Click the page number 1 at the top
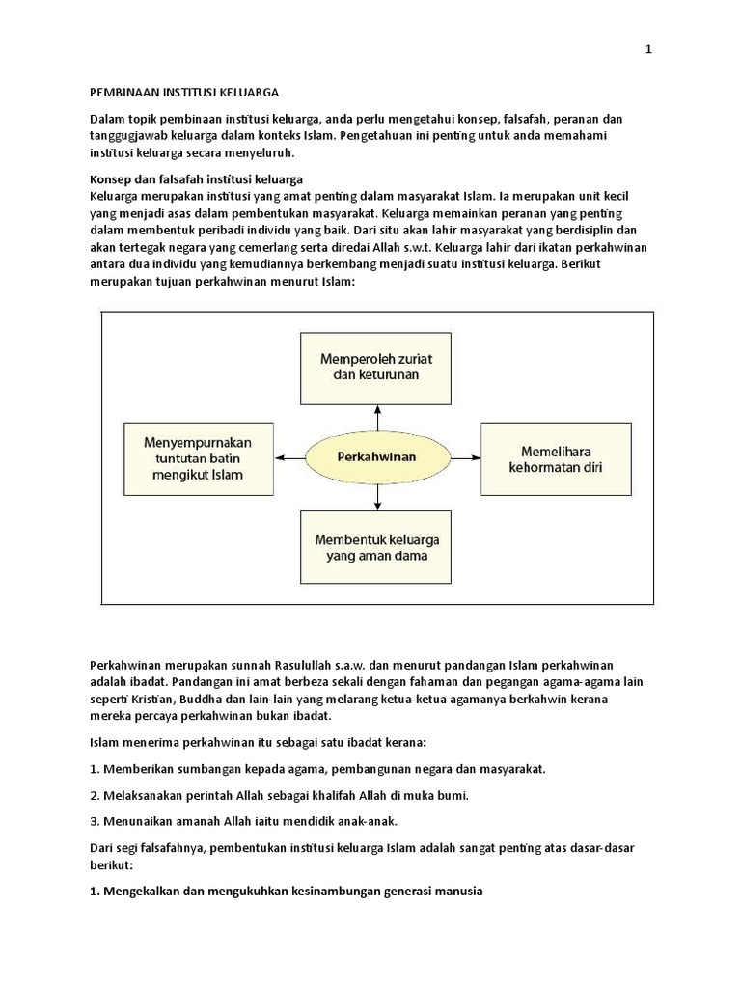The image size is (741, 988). click(649, 51)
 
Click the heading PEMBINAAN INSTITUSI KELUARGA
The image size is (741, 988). click(183, 93)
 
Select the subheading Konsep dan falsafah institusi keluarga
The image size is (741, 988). click(196, 179)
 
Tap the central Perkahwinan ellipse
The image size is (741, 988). click(377, 456)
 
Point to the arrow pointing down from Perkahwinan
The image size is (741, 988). click(377, 495)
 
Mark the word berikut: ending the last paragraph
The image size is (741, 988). click(108, 864)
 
